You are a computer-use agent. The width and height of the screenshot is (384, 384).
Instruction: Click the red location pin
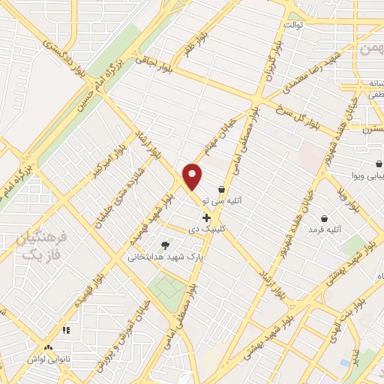193,176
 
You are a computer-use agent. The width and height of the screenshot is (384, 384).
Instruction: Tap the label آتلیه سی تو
247,202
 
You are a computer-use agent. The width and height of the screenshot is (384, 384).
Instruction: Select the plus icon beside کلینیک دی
207,217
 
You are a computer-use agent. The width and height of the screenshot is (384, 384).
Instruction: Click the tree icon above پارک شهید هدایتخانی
165,244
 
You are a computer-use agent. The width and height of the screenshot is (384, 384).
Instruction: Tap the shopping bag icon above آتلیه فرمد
324,197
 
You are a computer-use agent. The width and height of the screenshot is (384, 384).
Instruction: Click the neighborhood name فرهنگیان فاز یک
42,247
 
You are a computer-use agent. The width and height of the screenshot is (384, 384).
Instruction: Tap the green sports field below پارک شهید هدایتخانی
166,286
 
